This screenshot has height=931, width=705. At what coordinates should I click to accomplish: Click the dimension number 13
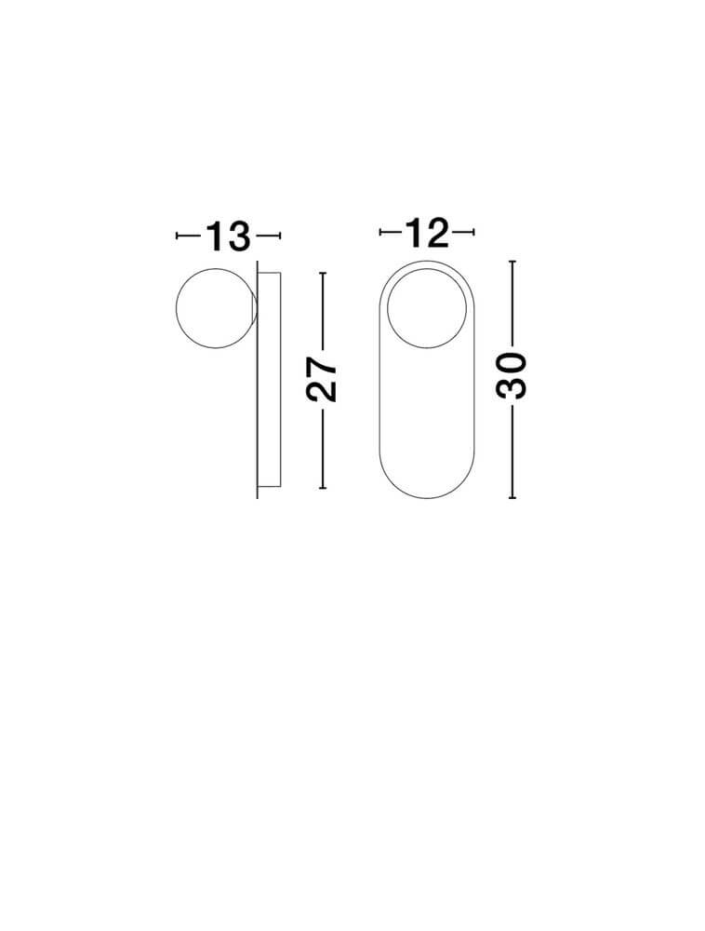click(x=228, y=236)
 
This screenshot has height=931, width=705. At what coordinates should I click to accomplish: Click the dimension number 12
click(x=427, y=233)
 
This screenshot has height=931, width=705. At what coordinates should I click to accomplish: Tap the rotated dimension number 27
click(x=322, y=380)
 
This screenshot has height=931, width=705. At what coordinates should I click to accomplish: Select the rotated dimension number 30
click(x=512, y=376)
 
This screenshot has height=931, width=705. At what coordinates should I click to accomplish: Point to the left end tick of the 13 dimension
click(x=177, y=236)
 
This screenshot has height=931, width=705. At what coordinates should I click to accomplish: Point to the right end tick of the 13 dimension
click(x=279, y=236)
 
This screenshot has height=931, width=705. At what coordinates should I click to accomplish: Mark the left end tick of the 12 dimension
click(x=380, y=233)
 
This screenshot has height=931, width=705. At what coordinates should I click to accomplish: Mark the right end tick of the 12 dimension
click(x=473, y=233)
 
